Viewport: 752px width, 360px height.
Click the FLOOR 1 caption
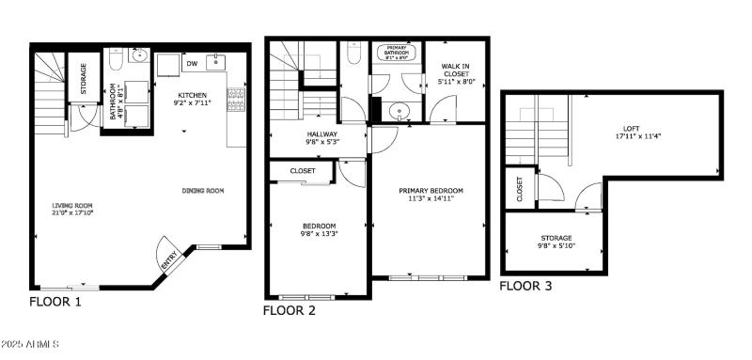point(55,302)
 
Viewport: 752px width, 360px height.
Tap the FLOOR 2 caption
point(290,309)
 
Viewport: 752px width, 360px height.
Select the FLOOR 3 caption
point(526,285)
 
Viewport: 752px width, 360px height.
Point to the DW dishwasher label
point(191,64)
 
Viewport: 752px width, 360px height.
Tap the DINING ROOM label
point(203,191)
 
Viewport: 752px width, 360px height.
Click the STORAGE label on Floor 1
point(84,75)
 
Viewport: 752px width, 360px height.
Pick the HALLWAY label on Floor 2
point(321,134)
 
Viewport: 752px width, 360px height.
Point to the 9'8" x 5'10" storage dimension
point(556,246)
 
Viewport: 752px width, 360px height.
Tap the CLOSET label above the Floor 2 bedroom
point(303,171)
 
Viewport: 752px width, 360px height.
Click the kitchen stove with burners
point(234,101)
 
